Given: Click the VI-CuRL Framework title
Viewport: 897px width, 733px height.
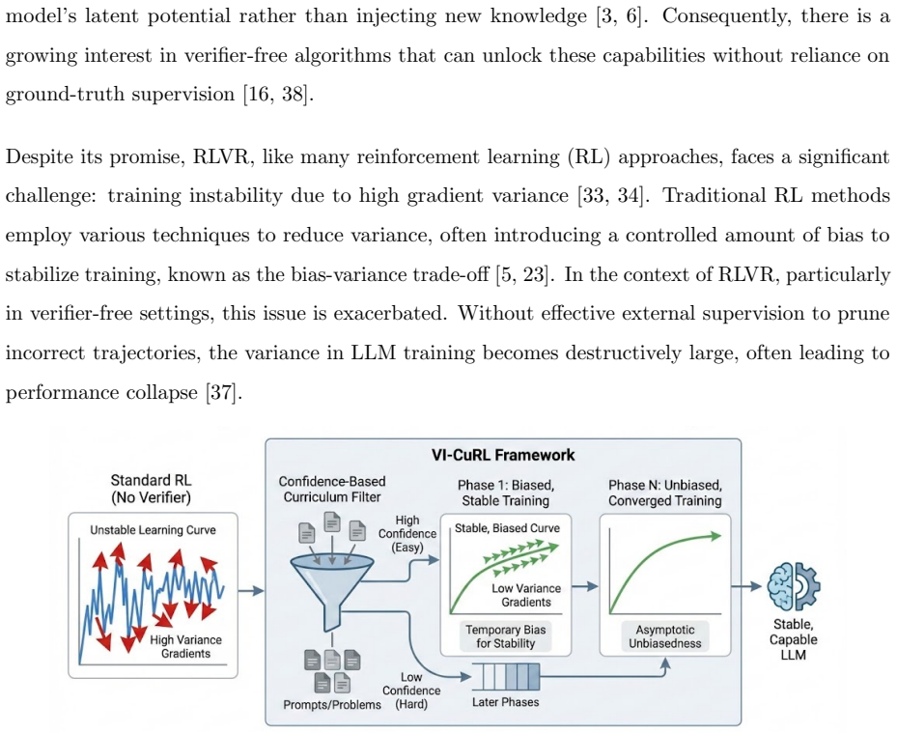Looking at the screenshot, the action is point(503,455).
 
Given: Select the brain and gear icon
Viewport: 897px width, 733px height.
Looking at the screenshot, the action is point(794,586).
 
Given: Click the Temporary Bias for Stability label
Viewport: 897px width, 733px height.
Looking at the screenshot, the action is point(506,636).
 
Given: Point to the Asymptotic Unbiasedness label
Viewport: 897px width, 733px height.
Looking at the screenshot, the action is point(664,636).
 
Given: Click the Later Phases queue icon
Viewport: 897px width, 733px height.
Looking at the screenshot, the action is point(506,677).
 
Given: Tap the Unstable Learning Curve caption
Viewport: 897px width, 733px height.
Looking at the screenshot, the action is point(153,530).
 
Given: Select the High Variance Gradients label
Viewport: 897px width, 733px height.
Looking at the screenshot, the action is point(186,647).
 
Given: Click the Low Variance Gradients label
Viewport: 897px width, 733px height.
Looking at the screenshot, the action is point(526,595).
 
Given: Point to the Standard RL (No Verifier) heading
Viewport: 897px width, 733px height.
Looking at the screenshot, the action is point(151,489).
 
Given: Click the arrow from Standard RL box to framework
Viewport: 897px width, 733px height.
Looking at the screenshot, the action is point(251,590).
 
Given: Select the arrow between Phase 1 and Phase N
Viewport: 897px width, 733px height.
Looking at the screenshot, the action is point(585,586).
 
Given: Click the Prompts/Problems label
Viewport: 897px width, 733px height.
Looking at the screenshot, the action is point(332,704).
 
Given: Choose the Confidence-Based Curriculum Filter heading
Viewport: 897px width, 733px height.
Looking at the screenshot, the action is point(332,490).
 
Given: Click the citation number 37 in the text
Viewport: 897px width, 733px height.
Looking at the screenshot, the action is point(221,392).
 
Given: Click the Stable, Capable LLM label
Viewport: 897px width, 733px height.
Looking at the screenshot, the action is point(794,639).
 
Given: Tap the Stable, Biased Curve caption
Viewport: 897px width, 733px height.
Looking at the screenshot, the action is point(508,528).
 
